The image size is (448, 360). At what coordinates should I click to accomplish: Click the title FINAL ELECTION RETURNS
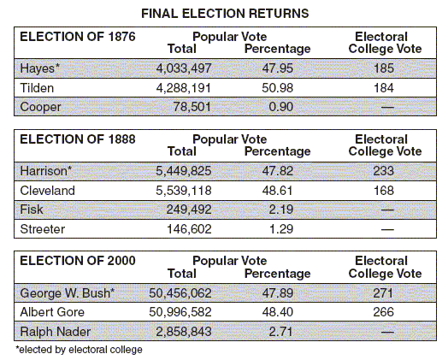pyautogui.click(x=225, y=14)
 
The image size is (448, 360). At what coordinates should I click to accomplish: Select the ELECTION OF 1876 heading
pyautogui.click(x=78, y=37)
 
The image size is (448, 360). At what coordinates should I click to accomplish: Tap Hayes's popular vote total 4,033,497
pyautogui.click(x=184, y=68)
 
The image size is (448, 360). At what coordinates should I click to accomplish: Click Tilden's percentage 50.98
pyautogui.click(x=277, y=88)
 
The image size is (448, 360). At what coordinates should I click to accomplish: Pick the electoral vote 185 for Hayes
pyautogui.click(x=384, y=68)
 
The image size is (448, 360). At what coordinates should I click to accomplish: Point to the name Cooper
pyautogui.click(x=40, y=108)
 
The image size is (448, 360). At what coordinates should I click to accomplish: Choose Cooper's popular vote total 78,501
pyautogui.click(x=192, y=107)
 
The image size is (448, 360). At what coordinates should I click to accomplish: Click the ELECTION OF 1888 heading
pyautogui.click(x=78, y=139)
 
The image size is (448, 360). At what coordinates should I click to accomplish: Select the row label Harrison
pyautogui.click(x=45, y=171)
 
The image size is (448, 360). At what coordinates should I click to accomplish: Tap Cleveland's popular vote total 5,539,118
pyautogui.click(x=184, y=191)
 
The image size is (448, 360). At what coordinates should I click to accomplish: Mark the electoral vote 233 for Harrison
pyautogui.click(x=384, y=171)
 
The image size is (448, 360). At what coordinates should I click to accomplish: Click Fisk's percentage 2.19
pyautogui.click(x=281, y=210)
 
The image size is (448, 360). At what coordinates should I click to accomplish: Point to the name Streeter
pyautogui.click(x=43, y=229)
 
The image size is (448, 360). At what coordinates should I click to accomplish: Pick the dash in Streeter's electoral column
pyautogui.click(x=387, y=229)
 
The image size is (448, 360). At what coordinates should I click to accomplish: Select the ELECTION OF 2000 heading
pyautogui.click(x=78, y=261)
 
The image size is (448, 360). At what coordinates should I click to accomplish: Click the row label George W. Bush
pyautogui.click(x=68, y=293)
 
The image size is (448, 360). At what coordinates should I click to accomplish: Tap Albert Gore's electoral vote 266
pyautogui.click(x=384, y=312)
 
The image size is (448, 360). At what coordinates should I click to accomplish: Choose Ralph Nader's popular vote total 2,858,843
pyautogui.click(x=184, y=332)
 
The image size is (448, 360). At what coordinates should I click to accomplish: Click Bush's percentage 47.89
pyautogui.click(x=277, y=293)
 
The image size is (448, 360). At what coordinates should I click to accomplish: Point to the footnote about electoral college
pyautogui.click(x=79, y=350)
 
